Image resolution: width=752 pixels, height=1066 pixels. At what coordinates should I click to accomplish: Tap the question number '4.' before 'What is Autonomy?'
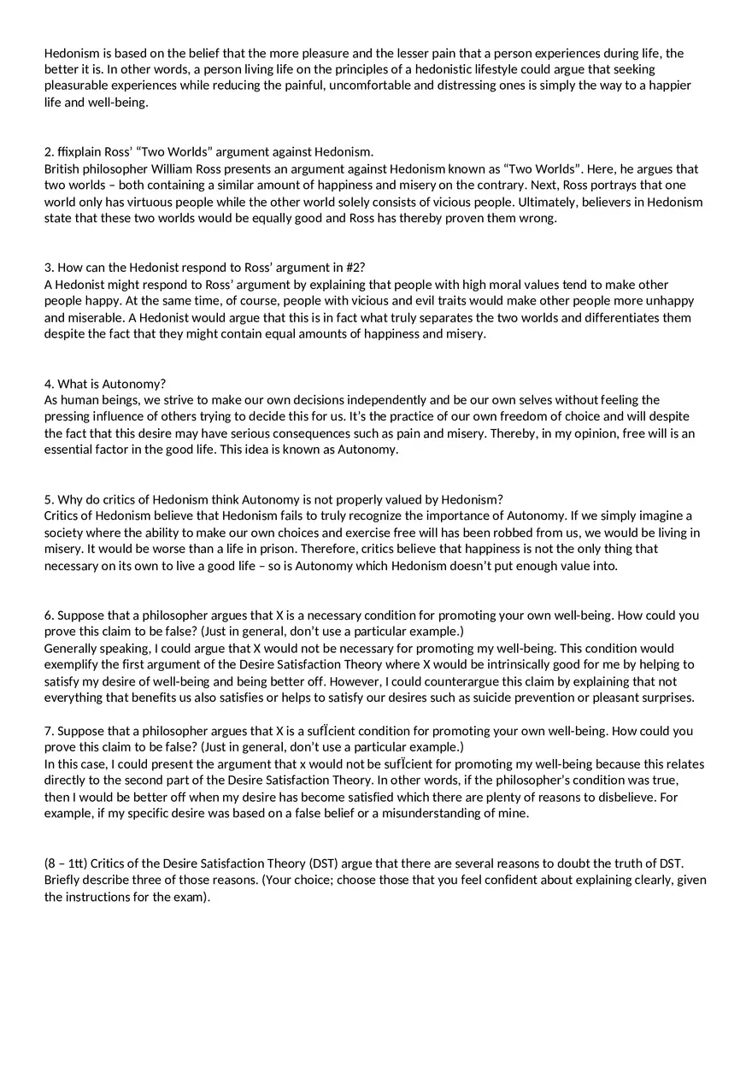click(x=50, y=384)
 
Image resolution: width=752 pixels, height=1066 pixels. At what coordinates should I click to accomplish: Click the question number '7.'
click(x=50, y=731)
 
